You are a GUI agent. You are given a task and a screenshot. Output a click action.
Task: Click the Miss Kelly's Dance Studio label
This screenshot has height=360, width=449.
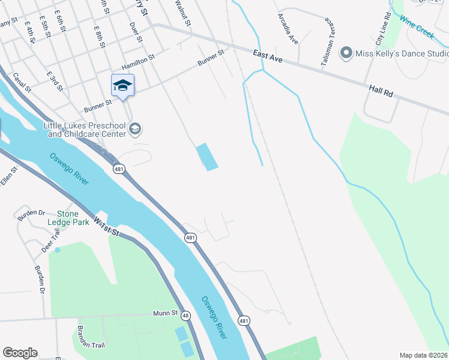(x=402, y=54)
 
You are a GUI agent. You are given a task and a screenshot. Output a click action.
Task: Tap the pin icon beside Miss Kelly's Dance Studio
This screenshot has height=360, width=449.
(x=346, y=54)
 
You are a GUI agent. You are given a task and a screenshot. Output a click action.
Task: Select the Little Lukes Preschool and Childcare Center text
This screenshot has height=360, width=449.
(x=85, y=130)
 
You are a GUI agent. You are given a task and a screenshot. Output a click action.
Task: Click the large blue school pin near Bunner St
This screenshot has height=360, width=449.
(x=122, y=85)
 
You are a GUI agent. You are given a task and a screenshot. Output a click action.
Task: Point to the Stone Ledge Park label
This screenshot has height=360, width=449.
(x=73, y=218)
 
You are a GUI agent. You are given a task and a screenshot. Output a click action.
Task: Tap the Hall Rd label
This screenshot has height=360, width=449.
(x=381, y=91)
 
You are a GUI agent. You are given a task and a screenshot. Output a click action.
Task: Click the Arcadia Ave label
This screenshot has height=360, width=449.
(x=287, y=29)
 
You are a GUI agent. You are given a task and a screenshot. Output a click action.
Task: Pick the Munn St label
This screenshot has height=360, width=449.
(x=165, y=313)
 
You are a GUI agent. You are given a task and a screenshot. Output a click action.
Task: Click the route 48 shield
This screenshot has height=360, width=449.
(x=185, y=316)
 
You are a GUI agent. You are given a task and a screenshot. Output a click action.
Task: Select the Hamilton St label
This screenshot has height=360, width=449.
(x=138, y=62)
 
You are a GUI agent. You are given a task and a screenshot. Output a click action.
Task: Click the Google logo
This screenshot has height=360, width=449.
(x=20, y=353)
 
